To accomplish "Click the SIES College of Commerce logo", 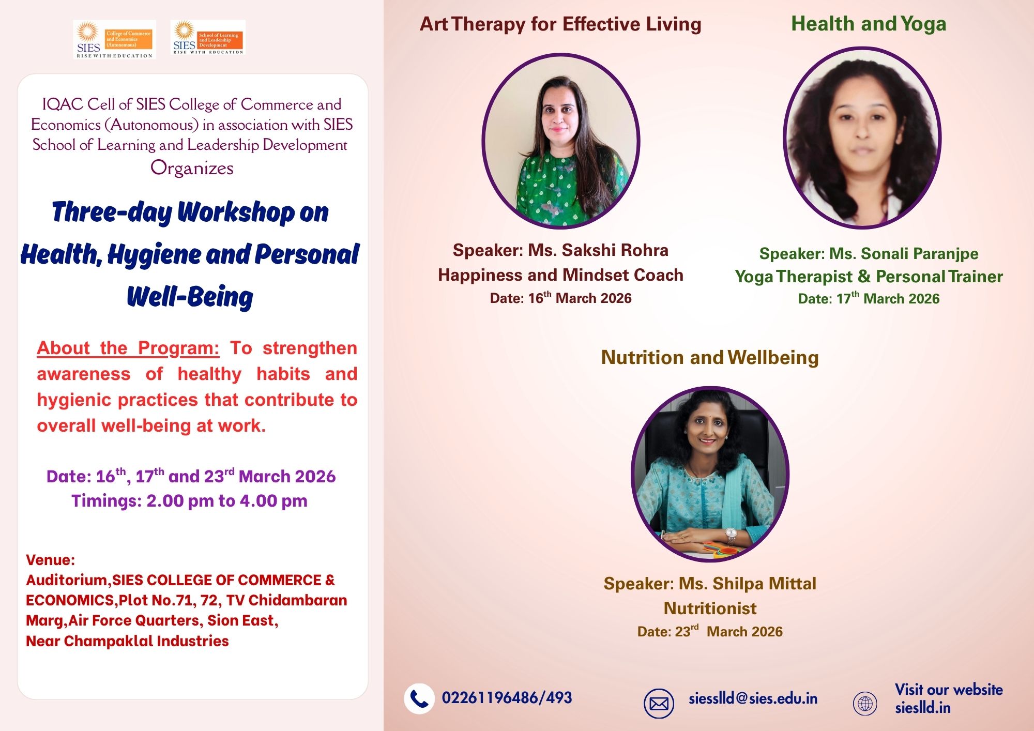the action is coord(114,39).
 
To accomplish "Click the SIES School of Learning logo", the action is coord(208,37).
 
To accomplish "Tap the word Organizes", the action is coord(192,169).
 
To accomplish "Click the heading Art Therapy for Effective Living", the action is coord(560,24).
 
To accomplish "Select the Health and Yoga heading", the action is coord(869,24).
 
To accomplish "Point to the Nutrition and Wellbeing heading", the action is coord(710,357).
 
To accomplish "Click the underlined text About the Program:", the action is coord(128,348).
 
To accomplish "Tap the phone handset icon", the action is coord(419,699).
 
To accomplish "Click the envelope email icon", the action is coord(659,704).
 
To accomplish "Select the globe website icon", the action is coord(865,704).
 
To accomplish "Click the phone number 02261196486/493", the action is coord(507,698).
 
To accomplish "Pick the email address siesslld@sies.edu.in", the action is coord(753,699).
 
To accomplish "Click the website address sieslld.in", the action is coord(923,708).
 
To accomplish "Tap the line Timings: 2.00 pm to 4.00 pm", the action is coord(189,501).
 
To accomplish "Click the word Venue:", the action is coord(50,560).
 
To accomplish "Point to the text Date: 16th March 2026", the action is coord(560,298).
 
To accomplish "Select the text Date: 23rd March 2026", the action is coord(710,631).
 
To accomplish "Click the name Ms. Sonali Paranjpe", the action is coord(904,254).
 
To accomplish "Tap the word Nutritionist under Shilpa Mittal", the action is coord(710,608).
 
